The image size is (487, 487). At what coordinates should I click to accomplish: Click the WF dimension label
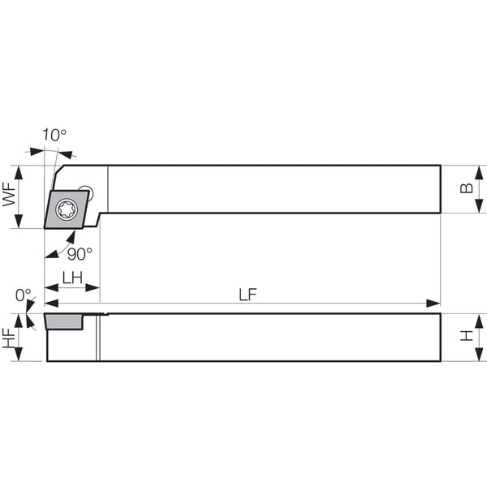[x=9, y=195]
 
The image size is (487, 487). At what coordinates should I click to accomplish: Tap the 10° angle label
[x=54, y=135]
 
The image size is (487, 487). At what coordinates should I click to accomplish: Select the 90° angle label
[x=80, y=254]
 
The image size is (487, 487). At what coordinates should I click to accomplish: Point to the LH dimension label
[x=72, y=278]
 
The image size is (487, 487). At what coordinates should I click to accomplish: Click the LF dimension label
[x=248, y=295]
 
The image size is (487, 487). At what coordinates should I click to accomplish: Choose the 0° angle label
[x=24, y=295]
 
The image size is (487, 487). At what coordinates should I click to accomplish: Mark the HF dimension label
[x=9, y=338]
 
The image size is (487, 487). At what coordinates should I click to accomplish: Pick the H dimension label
[x=467, y=336]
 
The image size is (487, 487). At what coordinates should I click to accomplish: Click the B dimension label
[x=467, y=188]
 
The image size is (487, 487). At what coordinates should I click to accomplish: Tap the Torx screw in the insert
[x=67, y=209]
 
